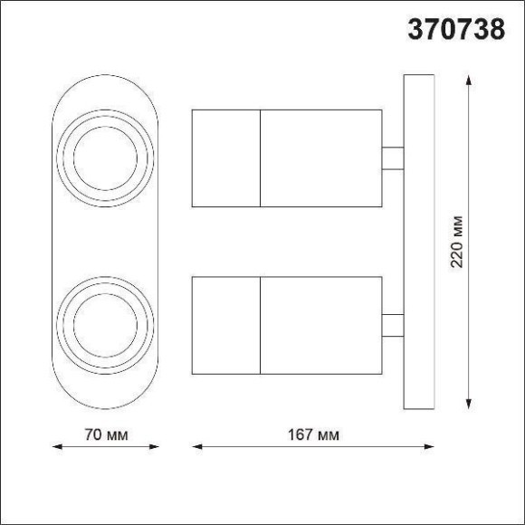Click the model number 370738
(457, 31)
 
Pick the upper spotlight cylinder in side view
(286, 157)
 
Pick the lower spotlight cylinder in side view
(286, 326)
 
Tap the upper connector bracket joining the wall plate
(392, 157)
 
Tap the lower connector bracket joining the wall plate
(392, 326)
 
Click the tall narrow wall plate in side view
(415, 243)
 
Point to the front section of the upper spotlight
(226, 157)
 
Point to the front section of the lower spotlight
(226, 326)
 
